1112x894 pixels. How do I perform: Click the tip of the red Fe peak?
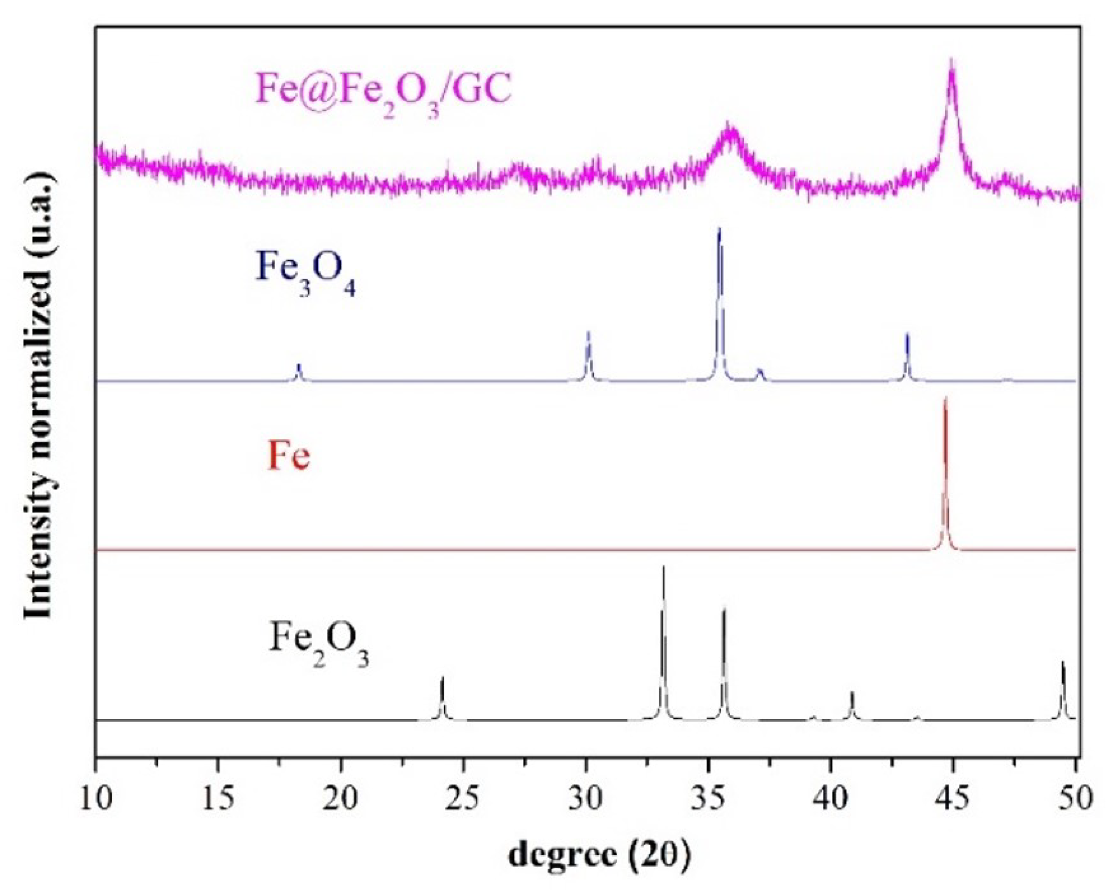coord(945,399)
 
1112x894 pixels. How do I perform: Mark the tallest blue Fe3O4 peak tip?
coord(719,230)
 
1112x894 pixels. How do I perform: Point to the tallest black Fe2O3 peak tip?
coord(663,568)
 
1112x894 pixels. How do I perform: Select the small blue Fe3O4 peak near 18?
coord(298,365)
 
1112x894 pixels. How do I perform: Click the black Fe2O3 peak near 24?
coord(442,679)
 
